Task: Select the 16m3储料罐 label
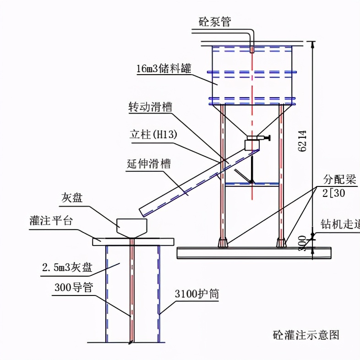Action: tap(164, 69)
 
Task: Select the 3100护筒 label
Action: tap(196, 294)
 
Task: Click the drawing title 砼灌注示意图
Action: tap(305, 335)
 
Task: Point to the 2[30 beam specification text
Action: tap(334, 193)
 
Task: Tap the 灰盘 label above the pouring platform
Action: tap(73, 198)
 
